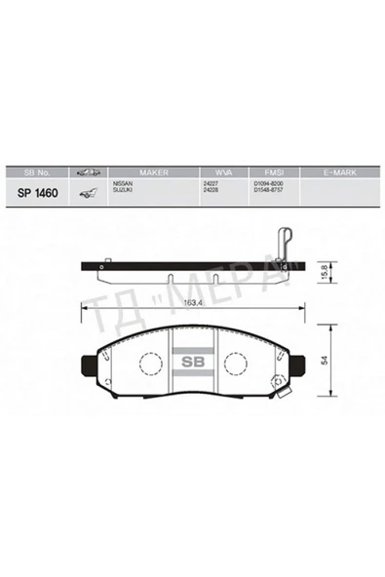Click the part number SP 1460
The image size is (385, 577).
(x=38, y=192)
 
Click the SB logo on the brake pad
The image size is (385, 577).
(x=191, y=361)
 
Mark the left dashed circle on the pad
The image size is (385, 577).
(x=148, y=364)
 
